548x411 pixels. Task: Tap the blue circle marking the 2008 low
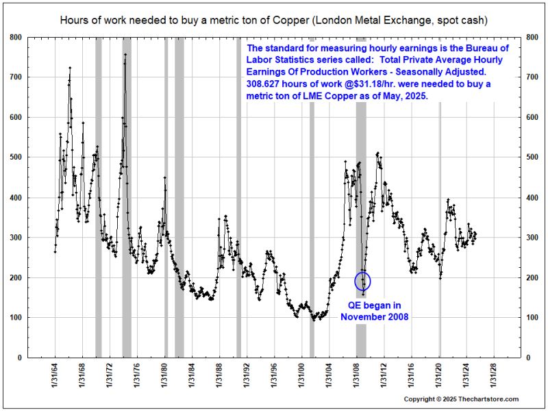click(363, 281)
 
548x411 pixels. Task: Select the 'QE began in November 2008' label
click(374, 311)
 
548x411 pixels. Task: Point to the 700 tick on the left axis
click(15, 77)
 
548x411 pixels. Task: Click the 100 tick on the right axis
click(532, 318)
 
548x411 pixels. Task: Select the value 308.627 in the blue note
click(264, 84)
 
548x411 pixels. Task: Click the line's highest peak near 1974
click(125, 54)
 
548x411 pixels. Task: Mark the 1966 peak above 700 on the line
click(70, 67)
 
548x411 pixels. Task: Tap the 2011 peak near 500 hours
click(377, 153)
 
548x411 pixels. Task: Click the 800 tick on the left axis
click(15, 36)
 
